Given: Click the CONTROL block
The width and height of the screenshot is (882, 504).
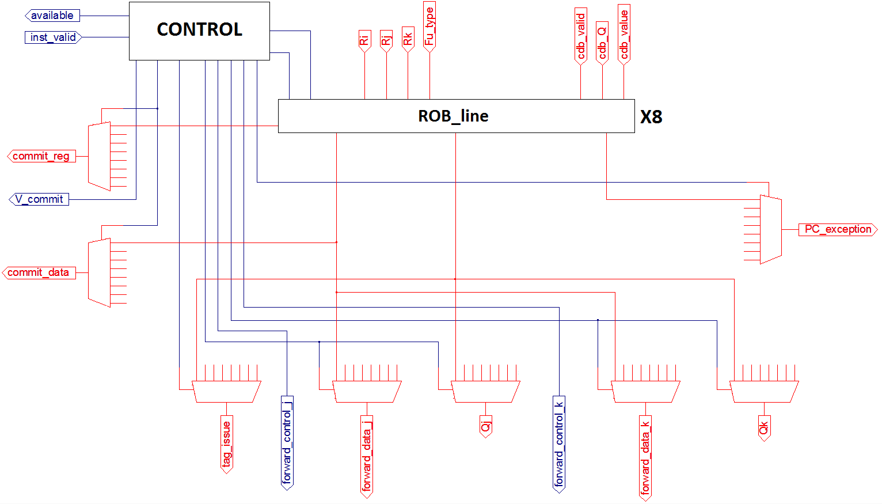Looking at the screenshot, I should [x=199, y=31].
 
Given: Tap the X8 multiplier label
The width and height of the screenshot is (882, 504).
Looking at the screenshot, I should [x=651, y=117].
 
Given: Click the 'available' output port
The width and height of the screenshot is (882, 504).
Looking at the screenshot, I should [x=52, y=16].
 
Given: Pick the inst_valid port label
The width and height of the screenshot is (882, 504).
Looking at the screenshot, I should [x=53, y=37].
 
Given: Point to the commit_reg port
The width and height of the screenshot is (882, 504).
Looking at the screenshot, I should [x=41, y=156].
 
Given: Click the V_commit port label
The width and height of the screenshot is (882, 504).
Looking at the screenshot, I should [x=39, y=199].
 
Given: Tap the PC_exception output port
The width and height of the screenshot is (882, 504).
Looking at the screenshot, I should [x=838, y=229].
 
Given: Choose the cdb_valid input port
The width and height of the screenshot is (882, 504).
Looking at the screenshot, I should [x=580, y=36].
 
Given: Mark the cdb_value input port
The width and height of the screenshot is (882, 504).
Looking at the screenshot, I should [x=624, y=34].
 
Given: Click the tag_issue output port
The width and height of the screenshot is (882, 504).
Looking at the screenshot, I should [x=227, y=444].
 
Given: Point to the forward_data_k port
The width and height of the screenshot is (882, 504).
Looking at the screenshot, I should [x=645, y=457].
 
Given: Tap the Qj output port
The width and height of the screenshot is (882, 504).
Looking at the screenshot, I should [x=486, y=426].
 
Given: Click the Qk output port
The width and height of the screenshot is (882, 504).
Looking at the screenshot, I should [x=764, y=428].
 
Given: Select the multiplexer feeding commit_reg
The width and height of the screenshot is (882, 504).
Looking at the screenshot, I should [x=99, y=156].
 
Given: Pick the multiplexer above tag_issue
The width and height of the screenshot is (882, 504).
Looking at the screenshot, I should [x=226, y=392].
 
